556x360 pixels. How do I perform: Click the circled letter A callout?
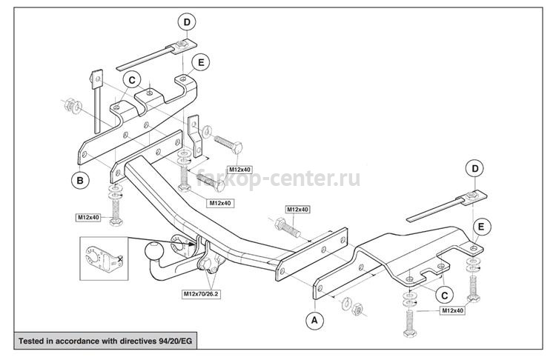tap(314, 320)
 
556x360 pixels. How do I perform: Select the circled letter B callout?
tap(80, 180)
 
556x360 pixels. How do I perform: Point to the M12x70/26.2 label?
tap(201, 294)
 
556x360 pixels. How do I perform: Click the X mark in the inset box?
tap(119, 259)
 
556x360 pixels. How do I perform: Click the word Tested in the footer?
tap(30, 341)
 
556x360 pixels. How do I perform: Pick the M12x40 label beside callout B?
tap(89, 217)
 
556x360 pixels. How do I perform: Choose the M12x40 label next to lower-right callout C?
tap(452, 311)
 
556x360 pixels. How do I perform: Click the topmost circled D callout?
tap(187, 22)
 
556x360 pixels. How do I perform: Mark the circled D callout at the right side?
tap(475, 169)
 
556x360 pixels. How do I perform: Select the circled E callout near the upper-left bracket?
tap(201, 62)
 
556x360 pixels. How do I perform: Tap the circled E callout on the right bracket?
tap(481, 227)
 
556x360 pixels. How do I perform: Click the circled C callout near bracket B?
tap(132, 80)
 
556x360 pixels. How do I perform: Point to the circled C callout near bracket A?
tap(444, 295)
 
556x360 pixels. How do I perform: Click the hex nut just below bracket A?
tap(357, 310)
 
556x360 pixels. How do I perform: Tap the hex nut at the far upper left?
tap(70, 104)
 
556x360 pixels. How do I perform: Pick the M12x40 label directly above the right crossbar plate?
tap(297, 210)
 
